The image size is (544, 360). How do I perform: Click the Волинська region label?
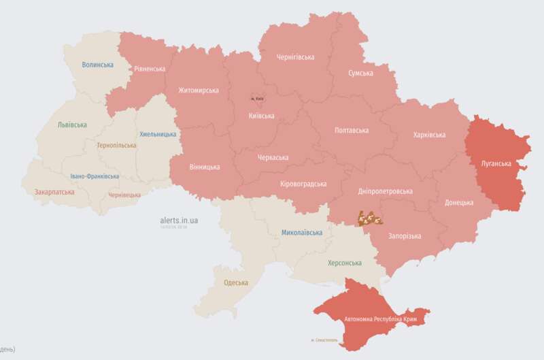point(97,65)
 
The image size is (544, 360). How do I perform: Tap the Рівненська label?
point(150,69)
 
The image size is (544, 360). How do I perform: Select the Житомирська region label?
point(199,90)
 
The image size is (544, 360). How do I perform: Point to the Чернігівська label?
point(295,57)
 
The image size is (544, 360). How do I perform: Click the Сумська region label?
point(360,73)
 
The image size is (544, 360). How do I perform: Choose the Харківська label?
point(429,135)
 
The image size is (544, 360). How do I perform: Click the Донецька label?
point(459,202)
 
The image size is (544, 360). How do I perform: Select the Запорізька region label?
point(405,236)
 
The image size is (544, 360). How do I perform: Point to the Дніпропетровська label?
point(386,191)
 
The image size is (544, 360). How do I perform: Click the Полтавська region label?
point(352,130)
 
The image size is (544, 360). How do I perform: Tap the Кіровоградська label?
point(303,184)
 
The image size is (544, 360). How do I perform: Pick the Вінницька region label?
point(205,167)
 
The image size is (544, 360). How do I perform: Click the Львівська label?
point(72,125)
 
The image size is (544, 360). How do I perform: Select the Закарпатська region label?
point(54,192)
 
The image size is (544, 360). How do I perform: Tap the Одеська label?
point(236,282)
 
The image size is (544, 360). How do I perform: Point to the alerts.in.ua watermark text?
point(179,220)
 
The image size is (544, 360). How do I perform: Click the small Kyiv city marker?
point(256,99)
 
